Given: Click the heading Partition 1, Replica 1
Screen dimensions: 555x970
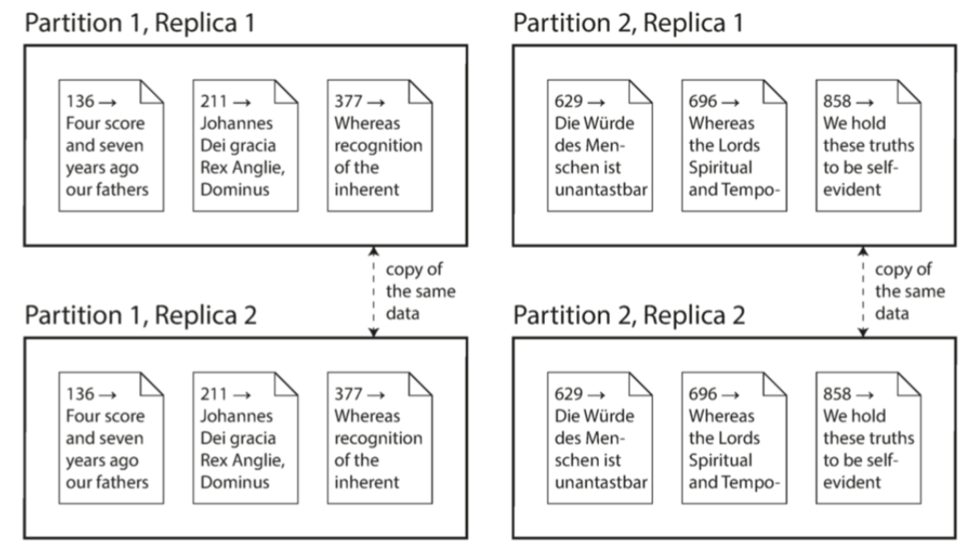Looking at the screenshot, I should point(139,23).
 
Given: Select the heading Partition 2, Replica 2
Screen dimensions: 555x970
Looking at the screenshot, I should point(629,315).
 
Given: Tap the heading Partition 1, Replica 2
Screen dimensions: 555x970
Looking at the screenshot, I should point(141,315).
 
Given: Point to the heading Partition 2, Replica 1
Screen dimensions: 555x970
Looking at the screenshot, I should point(627,23).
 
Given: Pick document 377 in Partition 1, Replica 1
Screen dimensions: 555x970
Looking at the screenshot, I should point(379,146).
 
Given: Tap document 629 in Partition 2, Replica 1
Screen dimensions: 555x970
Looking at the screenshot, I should point(599,146).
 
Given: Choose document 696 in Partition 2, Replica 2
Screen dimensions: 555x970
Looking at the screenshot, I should point(733,437).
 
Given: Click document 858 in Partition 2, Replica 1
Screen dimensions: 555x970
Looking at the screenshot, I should point(868,146).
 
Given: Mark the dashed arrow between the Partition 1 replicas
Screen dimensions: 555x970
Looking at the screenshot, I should point(373,292).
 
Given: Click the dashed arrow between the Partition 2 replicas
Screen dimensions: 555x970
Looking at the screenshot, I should point(862,292).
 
